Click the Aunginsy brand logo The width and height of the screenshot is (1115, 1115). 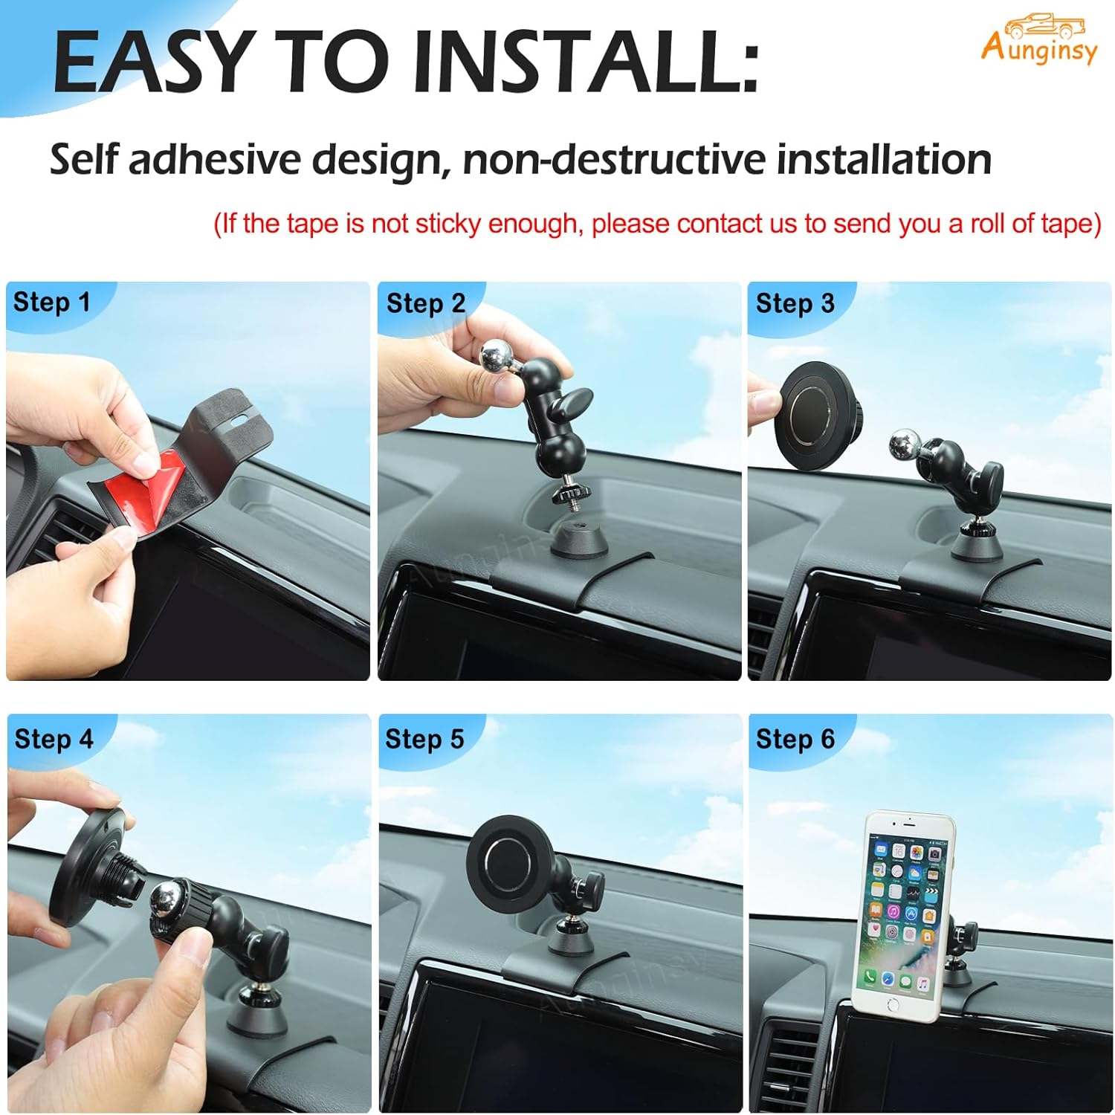[1038, 41]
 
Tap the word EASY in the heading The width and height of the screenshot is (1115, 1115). [152, 63]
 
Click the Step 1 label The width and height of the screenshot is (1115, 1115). [51, 303]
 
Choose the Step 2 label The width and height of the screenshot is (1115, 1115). [425, 303]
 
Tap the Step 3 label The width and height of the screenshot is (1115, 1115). [795, 303]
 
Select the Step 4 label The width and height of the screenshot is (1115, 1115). [54, 739]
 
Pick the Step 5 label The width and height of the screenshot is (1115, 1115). [424, 739]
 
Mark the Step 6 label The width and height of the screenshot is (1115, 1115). [795, 739]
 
